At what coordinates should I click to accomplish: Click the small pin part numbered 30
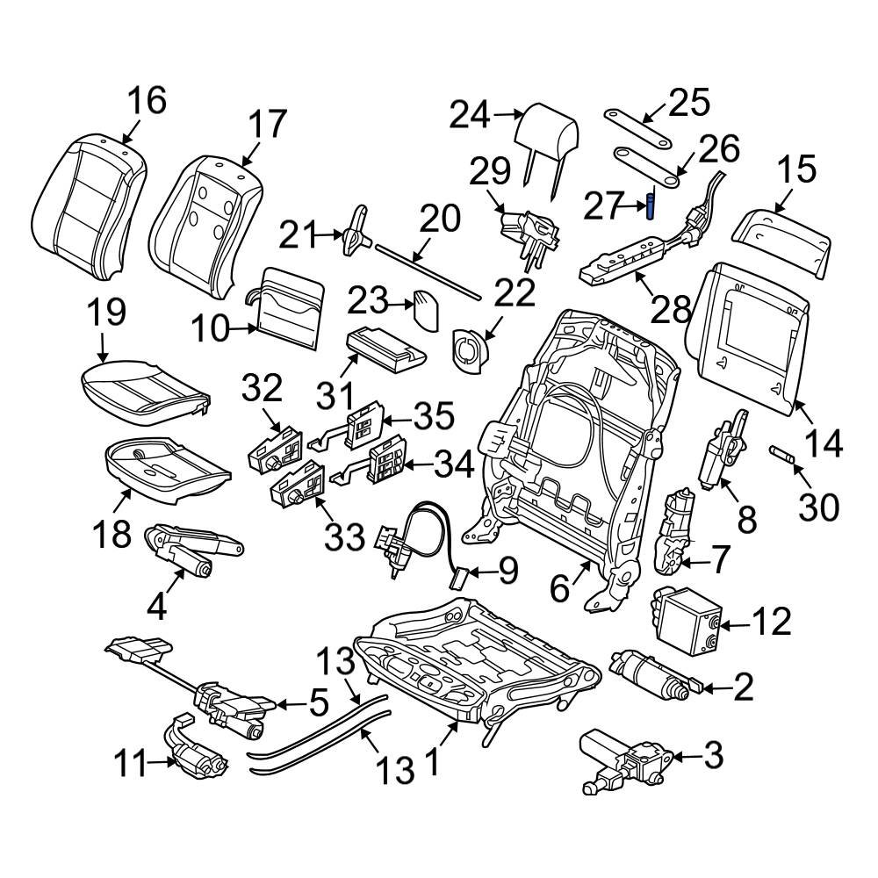[781, 454]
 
